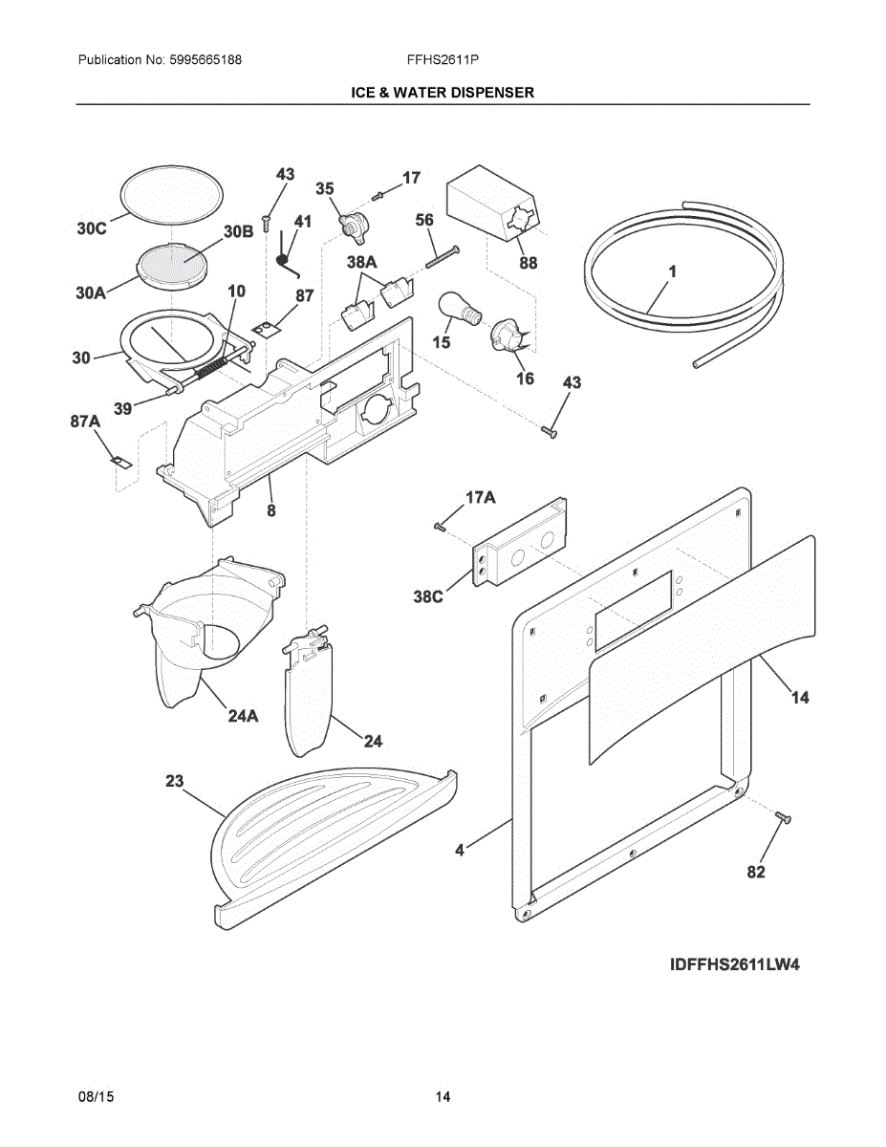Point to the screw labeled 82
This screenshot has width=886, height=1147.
click(x=783, y=818)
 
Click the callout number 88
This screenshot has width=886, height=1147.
click(x=528, y=264)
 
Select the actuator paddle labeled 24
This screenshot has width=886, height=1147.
click(x=308, y=696)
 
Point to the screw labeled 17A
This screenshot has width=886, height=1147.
click(x=441, y=525)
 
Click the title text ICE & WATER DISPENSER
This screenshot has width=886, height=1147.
click(x=442, y=92)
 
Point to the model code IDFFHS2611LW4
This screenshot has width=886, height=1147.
click(x=734, y=964)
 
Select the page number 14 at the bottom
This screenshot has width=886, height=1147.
click(x=443, y=1097)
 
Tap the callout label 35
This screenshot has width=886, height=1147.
click(x=325, y=189)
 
